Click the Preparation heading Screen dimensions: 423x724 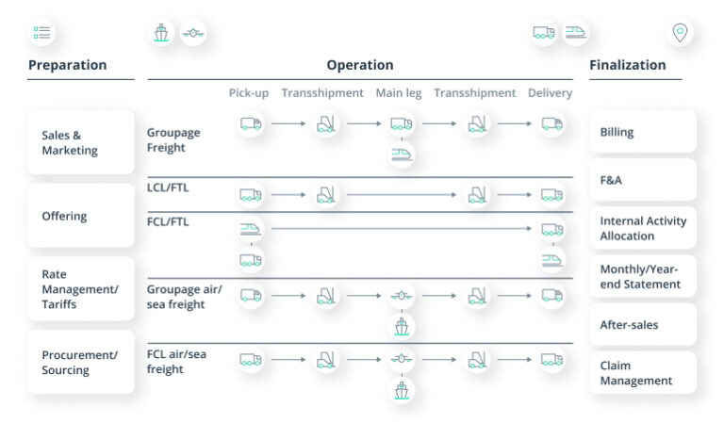[67, 65]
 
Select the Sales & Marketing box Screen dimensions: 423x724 [80, 142]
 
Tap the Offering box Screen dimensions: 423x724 [80, 216]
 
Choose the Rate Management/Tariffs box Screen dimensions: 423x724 [80, 289]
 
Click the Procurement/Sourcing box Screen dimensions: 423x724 [80, 362]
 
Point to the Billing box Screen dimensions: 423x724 [643, 132]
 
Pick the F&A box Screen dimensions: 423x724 [643, 179]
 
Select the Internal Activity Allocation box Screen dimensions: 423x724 [643, 228]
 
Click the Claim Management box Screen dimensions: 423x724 [643, 373]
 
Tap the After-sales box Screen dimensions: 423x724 [643, 325]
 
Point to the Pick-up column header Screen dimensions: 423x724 [250, 92]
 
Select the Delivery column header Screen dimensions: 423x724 [550, 92]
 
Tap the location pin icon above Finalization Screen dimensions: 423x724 [679, 33]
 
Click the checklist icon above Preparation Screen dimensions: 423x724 [42, 33]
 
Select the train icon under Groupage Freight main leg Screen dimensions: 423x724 [403, 154]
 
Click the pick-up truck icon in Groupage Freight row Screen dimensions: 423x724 [251, 123]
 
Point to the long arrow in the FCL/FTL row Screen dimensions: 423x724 [401, 228]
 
